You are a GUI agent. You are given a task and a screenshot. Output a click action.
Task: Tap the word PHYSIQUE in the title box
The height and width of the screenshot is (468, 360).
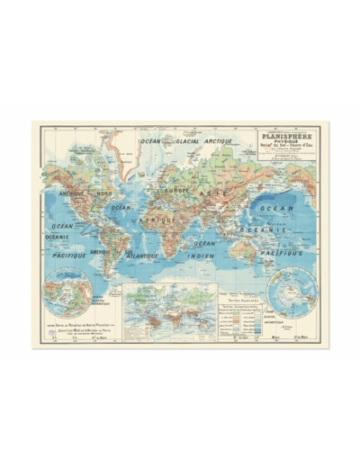(x=282, y=147)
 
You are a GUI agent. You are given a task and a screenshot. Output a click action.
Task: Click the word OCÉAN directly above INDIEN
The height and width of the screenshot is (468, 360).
(x=205, y=242)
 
